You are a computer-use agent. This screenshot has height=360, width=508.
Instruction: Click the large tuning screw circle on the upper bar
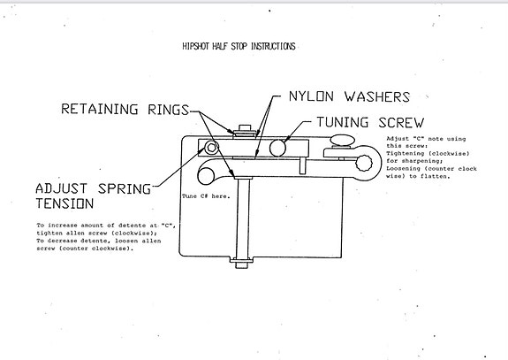pyautogui.click(x=279, y=147)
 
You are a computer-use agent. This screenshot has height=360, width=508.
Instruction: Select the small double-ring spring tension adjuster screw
pyautogui.click(x=212, y=146)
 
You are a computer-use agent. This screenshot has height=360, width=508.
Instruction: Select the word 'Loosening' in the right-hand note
pyautogui.click(x=407, y=169)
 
